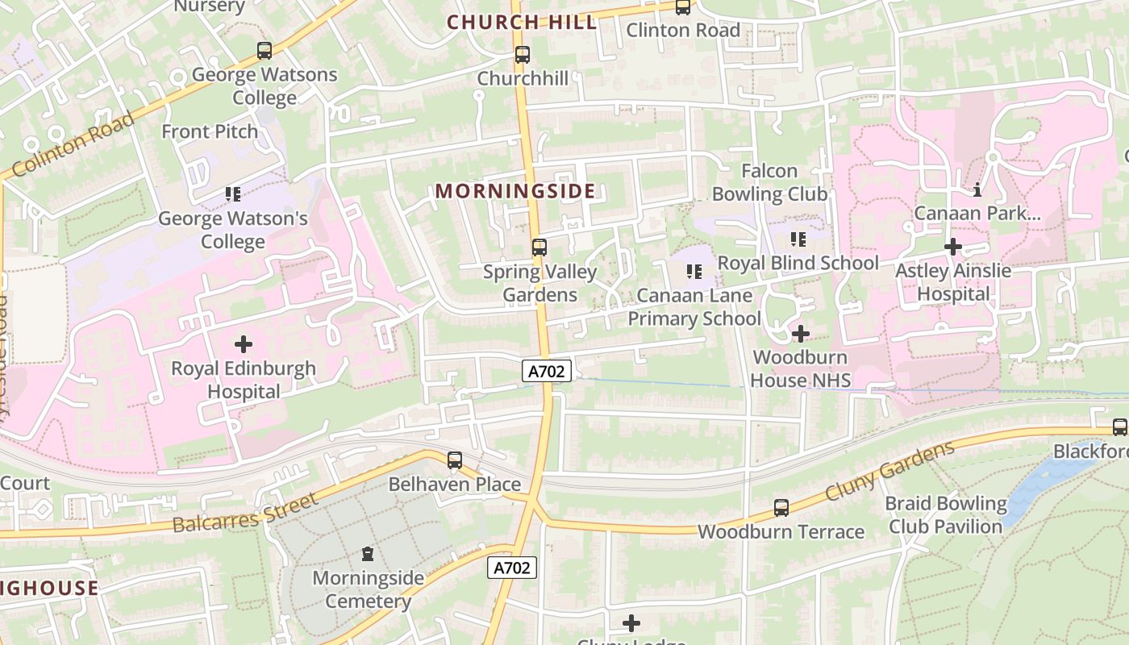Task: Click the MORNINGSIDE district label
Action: [515, 192]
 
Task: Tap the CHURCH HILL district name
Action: [522, 23]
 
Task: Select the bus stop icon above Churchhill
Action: [523, 55]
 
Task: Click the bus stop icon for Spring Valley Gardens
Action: [540, 248]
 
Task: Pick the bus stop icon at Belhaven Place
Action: [455, 460]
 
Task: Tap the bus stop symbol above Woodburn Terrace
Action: [781, 508]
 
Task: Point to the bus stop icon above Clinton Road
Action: [683, 7]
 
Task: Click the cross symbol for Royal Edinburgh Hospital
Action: [243, 345]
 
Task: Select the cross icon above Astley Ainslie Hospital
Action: [953, 247]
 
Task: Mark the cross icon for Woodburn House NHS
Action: [801, 334]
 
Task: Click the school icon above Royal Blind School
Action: [798, 239]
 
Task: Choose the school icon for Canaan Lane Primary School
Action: [694, 272]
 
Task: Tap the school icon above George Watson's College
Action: [233, 194]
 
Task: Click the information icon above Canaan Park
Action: [977, 190]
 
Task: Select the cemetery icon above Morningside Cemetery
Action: [368, 554]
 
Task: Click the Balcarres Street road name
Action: [246, 514]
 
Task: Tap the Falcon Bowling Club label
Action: [769, 182]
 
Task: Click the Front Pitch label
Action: [210, 131]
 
